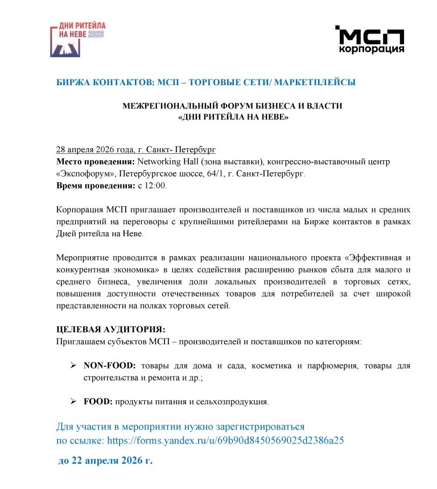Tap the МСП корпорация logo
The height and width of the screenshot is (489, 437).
click(x=370, y=40)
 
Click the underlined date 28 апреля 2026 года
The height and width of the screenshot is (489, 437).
click(x=96, y=150)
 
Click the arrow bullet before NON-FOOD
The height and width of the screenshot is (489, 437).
click(x=73, y=366)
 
